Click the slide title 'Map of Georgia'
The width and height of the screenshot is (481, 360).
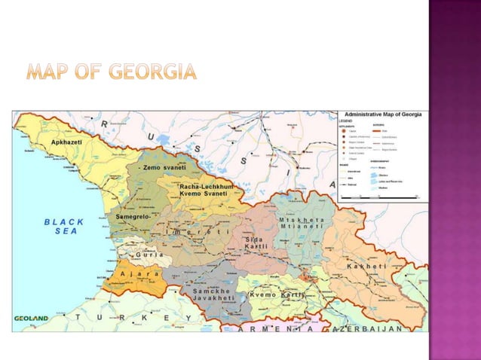(x=112, y=73)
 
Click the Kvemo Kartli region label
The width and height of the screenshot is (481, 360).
(x=277, y=294)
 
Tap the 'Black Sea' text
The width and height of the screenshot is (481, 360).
(x=65, y=227)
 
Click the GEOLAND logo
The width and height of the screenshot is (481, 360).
(x=31, y=319)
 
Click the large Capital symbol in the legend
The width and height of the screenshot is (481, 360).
(x=342, y=130)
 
